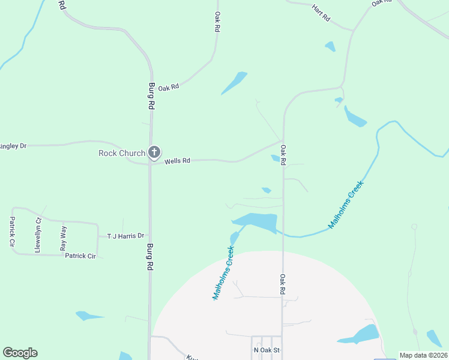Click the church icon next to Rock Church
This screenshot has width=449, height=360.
[x=154, y=152]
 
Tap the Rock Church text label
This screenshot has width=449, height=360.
[x=122, y=153]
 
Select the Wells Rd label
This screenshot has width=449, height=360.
[x=177, y=161]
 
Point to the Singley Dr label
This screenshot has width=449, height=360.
[x=13, y=146]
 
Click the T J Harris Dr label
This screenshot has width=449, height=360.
[x=126, y=236]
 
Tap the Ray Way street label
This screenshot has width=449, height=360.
[x=63, y=238]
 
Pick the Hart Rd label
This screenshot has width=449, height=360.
[x=321, y=13]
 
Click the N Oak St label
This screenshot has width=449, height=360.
[x=267, y=350]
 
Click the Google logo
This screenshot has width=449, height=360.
[x=20, y=353]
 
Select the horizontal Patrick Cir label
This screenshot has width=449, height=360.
[x=80, y=256]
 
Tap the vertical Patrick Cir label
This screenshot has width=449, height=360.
[x=11, y=232]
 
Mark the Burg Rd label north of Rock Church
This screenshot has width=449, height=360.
[x=152, y=95]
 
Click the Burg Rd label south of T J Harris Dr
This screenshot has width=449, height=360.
[x=148, y=256]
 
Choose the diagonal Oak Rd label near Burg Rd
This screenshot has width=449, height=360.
[x=169, y=87]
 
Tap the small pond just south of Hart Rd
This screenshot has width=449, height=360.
[x=330, y=46]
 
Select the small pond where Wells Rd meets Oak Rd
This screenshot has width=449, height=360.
[x=276, y=158]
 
